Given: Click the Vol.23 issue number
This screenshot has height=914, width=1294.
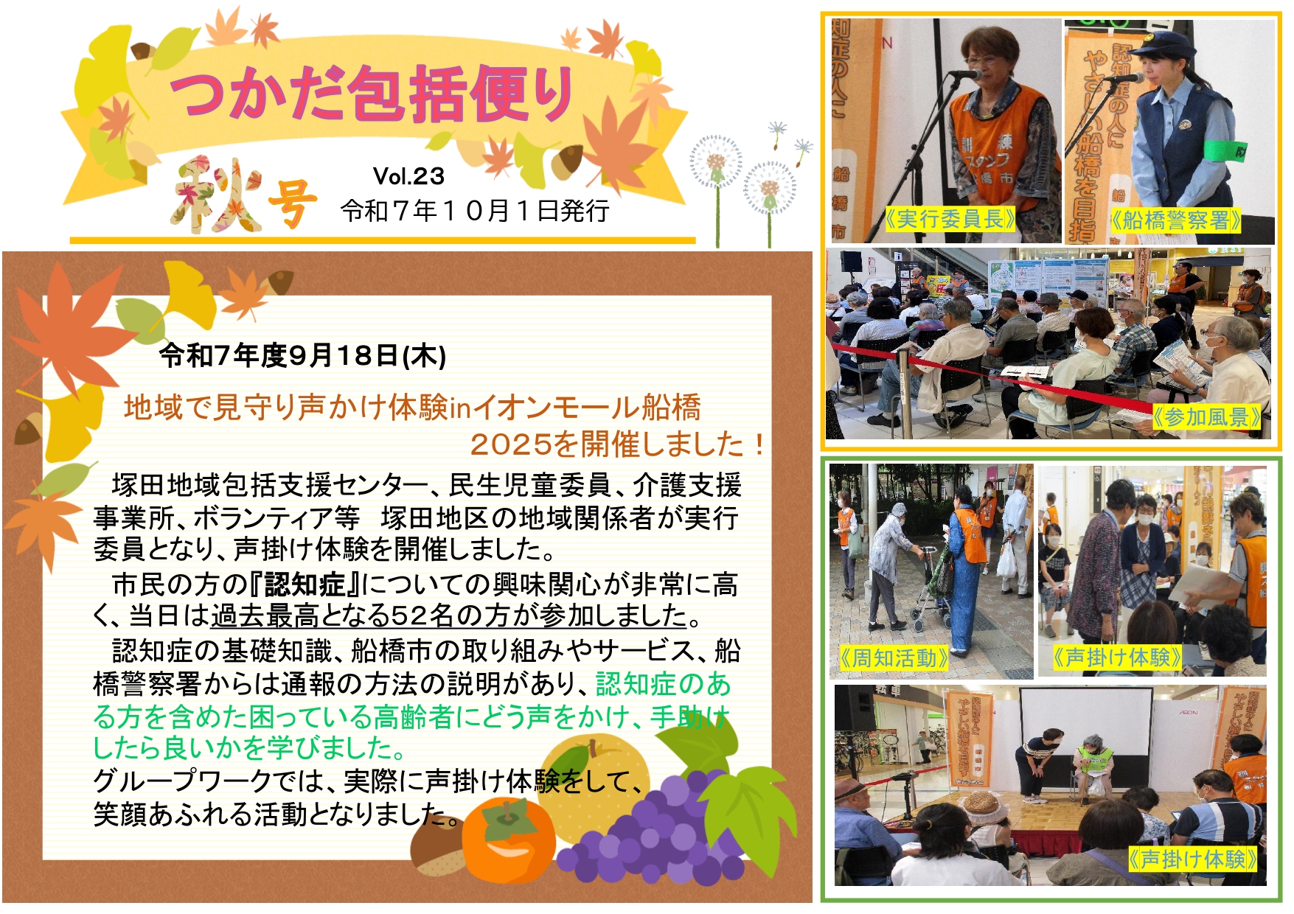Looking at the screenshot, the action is coord(408,176).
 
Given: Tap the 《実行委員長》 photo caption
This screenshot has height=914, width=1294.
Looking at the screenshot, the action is coord(950,219).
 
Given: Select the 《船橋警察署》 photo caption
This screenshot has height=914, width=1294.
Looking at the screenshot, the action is coord(1175,220).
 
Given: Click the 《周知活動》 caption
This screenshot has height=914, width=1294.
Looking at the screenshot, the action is coord(894,657).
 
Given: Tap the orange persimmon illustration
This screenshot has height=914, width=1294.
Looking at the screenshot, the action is coord(508,841).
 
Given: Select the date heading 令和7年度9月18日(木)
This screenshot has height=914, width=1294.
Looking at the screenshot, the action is coord(303,356).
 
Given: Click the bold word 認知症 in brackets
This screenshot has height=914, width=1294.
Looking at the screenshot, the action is coord(305,585).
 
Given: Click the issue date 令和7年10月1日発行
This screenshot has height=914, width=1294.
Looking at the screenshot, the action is coord(475,212).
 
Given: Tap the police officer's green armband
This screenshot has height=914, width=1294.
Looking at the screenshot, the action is coord(1225,150).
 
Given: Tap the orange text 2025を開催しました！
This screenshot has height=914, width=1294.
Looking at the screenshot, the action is coord(617,444).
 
